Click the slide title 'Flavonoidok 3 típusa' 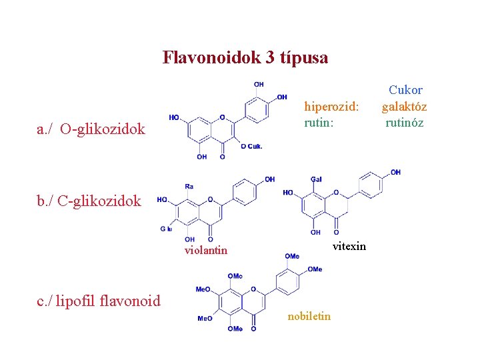click(x=245, y=58)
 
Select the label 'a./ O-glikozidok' click(x=91, y=129)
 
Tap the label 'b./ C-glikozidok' click(x=89, y=201)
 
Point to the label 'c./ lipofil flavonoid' click(x=99, y=301)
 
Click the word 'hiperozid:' click(x=331, y=106)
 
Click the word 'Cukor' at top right click(x=405, y=90)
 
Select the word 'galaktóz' click(x=404, y=106)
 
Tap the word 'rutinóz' click(x=404, y=122)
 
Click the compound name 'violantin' click(x=206, y=251)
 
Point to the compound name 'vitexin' click(x=349, y=246)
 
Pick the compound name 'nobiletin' click(x=309, y=316)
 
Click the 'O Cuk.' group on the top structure click(x=251, y=147)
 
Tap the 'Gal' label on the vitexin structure click(x=316, y=179)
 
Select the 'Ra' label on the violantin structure click(x=189, y=186)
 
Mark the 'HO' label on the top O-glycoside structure click(x=174, y=118)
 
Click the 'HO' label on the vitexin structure click(x=288, y=193)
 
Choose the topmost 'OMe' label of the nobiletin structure click(x=292, y=256)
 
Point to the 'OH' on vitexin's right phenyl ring click(x=396, y=173)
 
